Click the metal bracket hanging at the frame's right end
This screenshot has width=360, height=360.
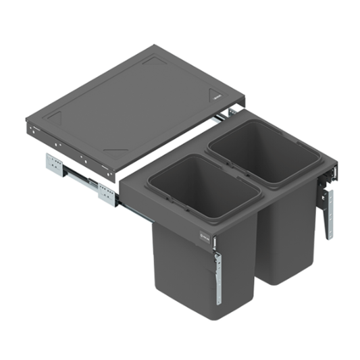click(328, 209)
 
